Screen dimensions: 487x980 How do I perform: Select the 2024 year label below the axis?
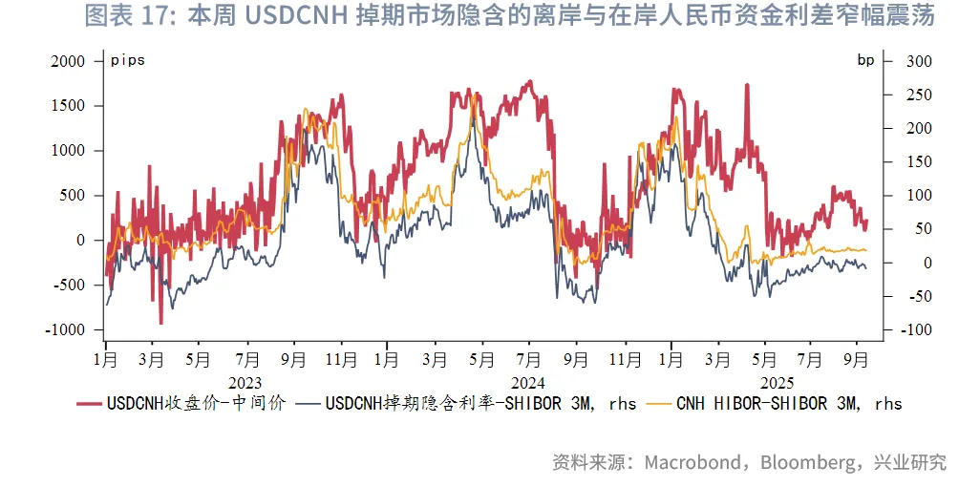pyautogui.click(x=527, y=381)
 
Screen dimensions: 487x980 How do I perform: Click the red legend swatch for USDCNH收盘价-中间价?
pyautogui.click(x=90, y=404)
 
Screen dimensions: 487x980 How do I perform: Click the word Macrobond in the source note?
pyautogui.click(x=692, y=463)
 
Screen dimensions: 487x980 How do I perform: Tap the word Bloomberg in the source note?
pyautogui.click(x=807, y=463)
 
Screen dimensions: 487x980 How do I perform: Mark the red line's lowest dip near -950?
pyautogui.click(x=160, y=324)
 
